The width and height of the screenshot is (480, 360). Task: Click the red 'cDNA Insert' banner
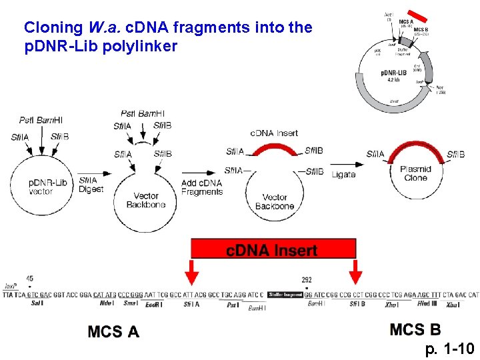pos(273,249)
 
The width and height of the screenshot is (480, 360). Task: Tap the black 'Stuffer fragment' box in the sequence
pos(285,294)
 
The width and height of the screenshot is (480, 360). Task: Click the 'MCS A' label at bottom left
pos(113,331)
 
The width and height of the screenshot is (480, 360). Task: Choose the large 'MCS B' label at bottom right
pos(415,329)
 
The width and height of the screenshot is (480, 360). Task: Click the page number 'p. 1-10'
pos(449,349)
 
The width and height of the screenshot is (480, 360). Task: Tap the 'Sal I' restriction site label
pos(37,303)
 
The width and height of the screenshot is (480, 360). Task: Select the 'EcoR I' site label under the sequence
pos(153,304)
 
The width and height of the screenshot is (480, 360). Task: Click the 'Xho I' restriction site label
pos(391,303)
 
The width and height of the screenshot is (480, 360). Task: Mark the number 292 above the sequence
pos(307,280)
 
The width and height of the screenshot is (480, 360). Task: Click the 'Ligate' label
pos(343,175)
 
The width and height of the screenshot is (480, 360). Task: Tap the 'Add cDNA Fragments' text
pos(201,187)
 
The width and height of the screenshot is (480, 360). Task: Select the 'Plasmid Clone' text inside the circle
pos(416,173)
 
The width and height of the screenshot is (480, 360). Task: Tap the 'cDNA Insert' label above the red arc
pos(274,133)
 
